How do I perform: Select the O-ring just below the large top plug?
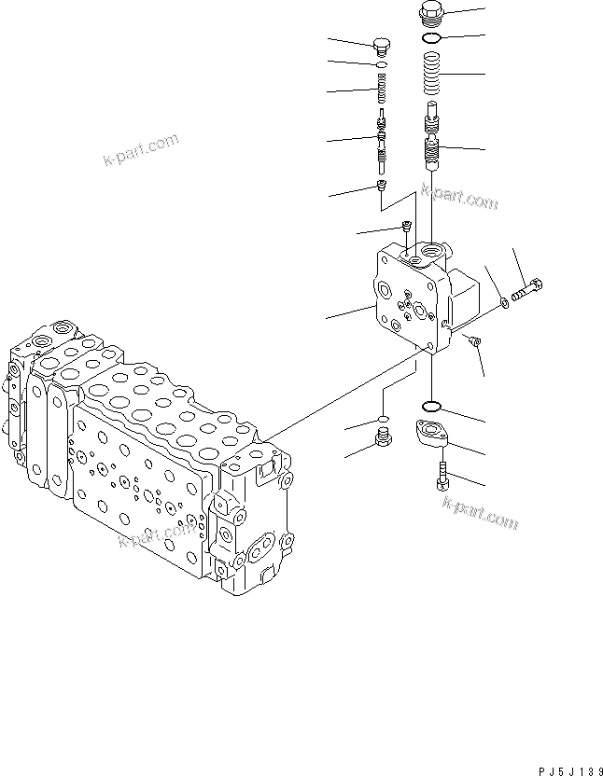(431, 39)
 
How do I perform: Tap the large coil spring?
(431, 76)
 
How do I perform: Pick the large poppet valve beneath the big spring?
(432, 138)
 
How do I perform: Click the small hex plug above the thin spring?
(381, 47)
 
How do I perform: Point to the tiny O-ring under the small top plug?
(381, 66)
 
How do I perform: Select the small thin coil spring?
(381, 91)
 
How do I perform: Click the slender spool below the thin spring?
(381, 141)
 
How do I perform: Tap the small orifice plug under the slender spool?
(382, 187)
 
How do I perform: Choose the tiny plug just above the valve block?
(406, 225)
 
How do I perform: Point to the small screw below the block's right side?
(475, 342)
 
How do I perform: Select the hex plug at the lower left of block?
(381, 438)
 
